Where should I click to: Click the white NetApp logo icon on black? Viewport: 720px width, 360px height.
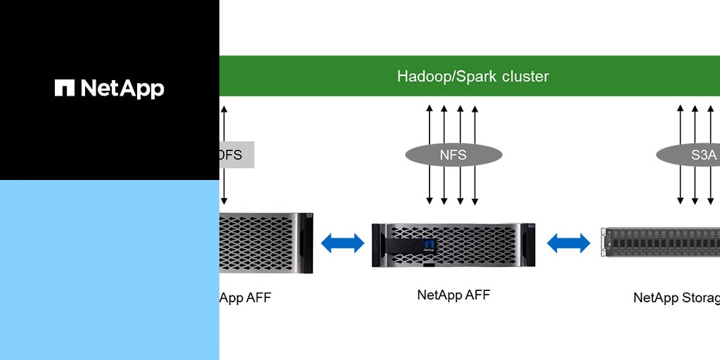coord(65,88)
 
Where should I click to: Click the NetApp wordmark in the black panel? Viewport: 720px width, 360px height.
coord(122,89)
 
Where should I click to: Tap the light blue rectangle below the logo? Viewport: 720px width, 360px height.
coord(109,270)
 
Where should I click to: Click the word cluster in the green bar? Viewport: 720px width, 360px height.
coord(525,76)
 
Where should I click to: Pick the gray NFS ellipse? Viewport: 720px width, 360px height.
coord(454,155)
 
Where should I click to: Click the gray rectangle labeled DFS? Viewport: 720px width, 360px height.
coord(236,155)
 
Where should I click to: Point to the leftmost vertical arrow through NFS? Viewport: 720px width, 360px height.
coord(430,155)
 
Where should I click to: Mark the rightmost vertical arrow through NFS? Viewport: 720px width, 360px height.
coord(475,155)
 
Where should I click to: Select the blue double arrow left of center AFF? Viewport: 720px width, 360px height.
coord(342,243)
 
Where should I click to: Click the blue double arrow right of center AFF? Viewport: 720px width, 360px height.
coord(568,243)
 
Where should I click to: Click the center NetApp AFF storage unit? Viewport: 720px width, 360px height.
coord(454,245)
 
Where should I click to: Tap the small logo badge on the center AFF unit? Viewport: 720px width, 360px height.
coord(430,245)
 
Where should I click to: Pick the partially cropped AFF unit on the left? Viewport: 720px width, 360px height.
coord(266,243)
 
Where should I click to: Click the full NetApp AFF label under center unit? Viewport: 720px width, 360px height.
coord(454,295)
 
